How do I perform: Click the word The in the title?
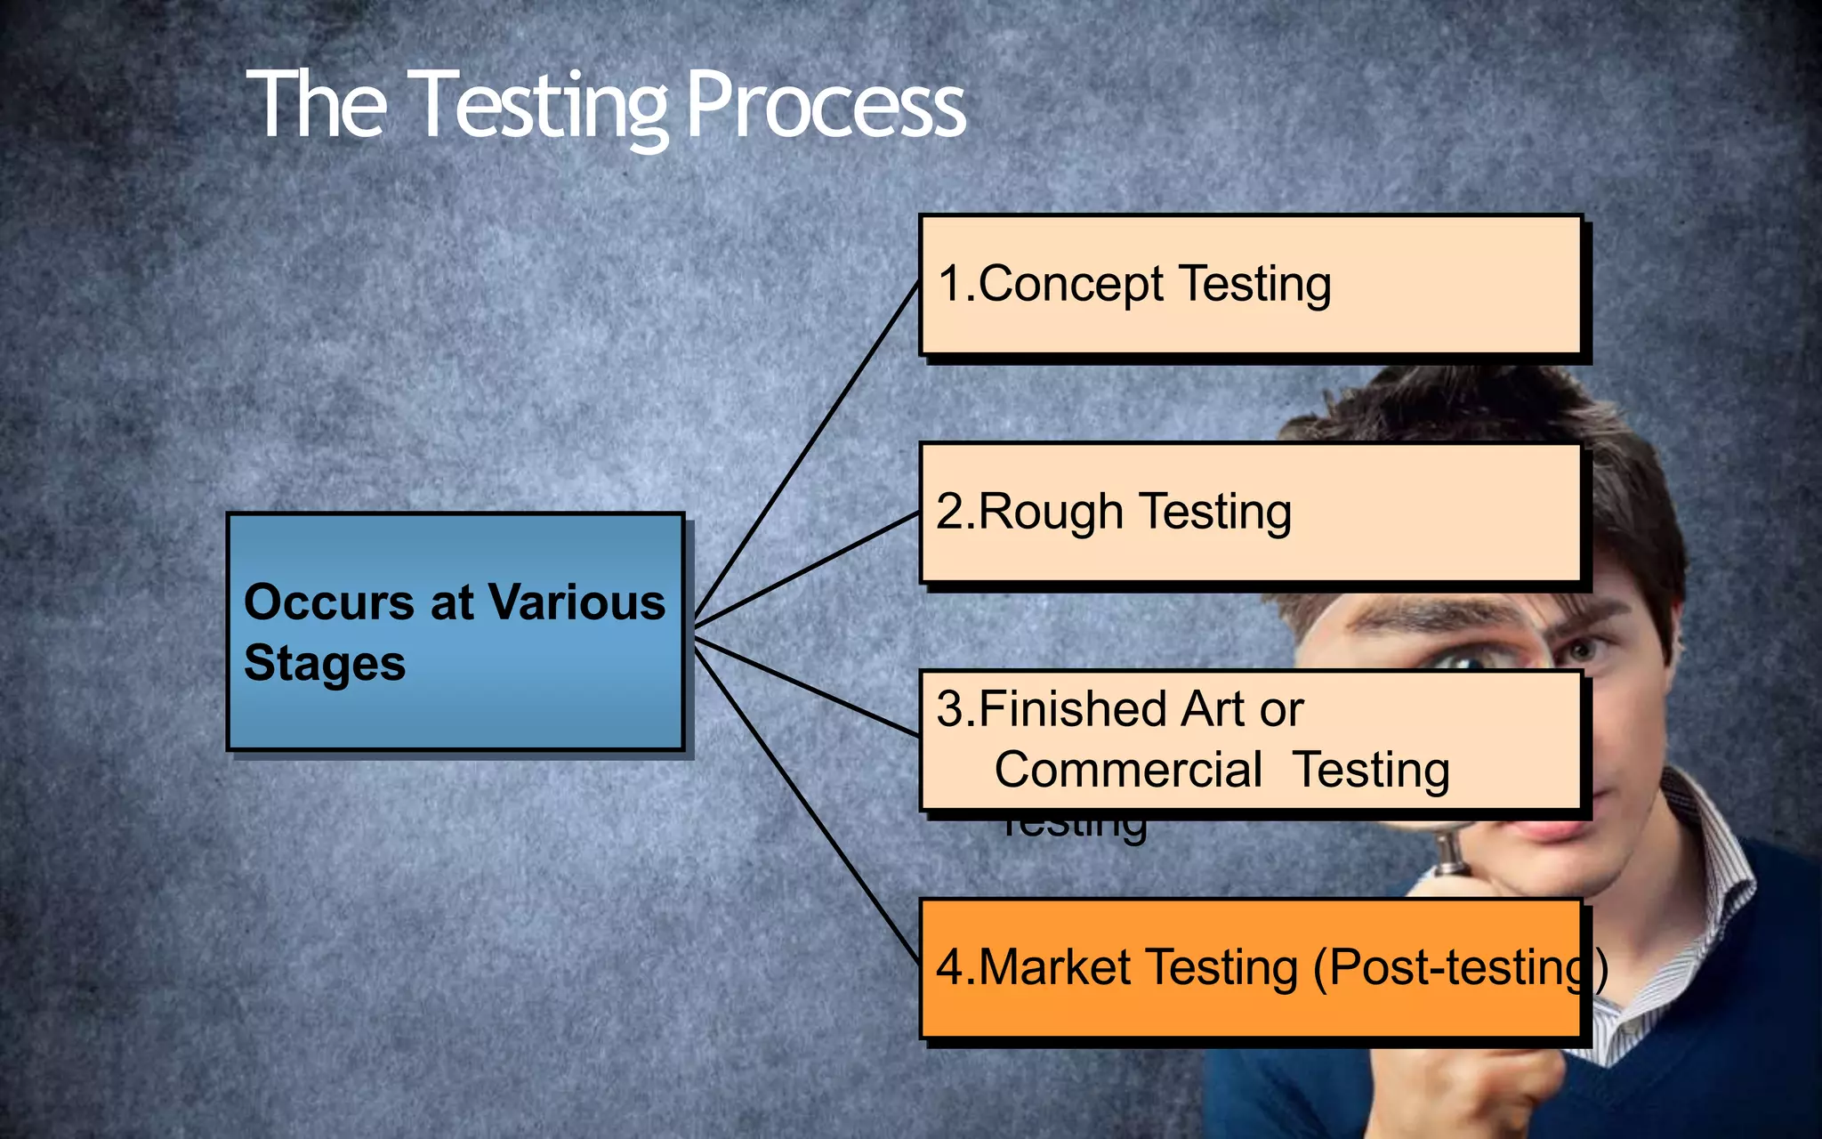click(x=316, y=105)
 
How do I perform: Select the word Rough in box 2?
click(x=1051, y=513)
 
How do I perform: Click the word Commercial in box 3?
click(x=1127, y=770)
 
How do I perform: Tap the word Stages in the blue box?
click(x=324, y=664)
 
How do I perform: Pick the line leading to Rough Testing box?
click(x=805, y=567)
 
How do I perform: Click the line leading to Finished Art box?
click(x=805, y=686)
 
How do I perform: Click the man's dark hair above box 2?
click(x=1459, y=405)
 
